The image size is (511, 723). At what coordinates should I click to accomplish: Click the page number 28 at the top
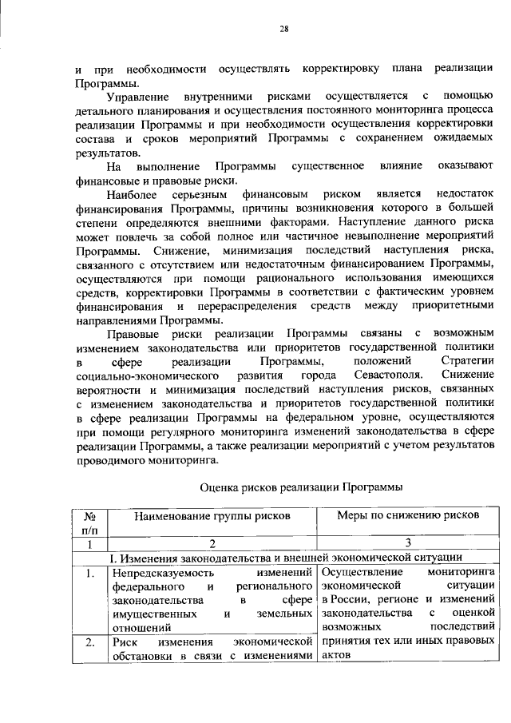[x=283, y=30]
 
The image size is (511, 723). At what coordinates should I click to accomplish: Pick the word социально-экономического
[x=137, y=374]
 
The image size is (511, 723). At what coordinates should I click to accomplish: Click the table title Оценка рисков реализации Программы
[x=300, y=485]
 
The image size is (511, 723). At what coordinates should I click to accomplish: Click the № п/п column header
[x=90, y=523]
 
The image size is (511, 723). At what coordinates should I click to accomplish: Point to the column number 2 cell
[x=212, y=543]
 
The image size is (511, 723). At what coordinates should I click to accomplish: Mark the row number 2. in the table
[x=90, y=642]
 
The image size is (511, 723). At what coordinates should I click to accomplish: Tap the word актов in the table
[x=335, y=657]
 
